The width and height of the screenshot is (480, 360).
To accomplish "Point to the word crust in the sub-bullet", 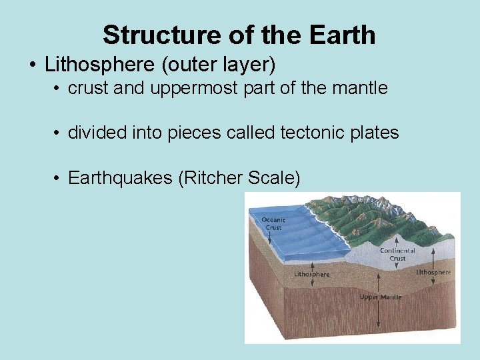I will [89, 89].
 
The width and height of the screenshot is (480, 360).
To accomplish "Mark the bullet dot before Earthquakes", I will [59, 179].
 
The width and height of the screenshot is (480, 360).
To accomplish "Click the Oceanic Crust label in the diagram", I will [273, 223].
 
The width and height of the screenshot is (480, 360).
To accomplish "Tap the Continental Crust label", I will [397, 255].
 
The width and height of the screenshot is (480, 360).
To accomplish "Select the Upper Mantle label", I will [380, 297].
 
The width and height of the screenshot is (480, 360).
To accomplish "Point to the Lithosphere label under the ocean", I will [311, 274].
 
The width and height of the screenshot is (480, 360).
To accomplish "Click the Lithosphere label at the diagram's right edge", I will [433, 272].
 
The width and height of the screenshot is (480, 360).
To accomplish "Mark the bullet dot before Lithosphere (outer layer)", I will [33, 65].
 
